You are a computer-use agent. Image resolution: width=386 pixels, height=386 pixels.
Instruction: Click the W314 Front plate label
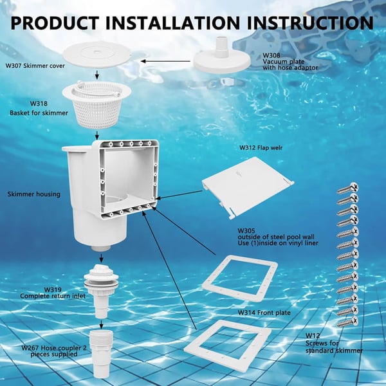[x=260, y=312]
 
